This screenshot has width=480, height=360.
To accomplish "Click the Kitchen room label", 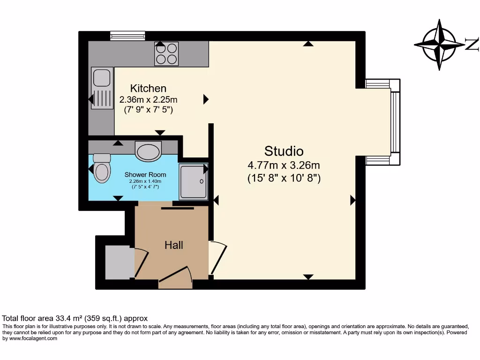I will tap(148, 88).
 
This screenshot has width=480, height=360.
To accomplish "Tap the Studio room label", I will tap(284, 151).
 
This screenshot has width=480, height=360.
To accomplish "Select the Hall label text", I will tap(173, 245).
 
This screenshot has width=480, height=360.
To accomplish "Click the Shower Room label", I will tap(145, 175).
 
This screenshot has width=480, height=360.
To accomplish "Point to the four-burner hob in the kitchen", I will tap(166, 53).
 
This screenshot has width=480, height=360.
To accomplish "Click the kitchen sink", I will tap(102, 88).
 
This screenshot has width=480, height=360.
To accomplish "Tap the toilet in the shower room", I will tap(101, 169).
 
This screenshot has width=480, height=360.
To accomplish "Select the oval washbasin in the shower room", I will tap(148, 151).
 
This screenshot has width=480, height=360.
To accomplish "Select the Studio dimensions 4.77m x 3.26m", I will tap(284, 165).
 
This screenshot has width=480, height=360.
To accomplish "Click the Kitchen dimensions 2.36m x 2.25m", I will tap(148, 99).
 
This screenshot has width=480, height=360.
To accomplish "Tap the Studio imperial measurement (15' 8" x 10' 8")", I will tap(284, 178).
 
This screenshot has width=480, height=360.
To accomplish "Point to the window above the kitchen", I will tap(127, 36).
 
